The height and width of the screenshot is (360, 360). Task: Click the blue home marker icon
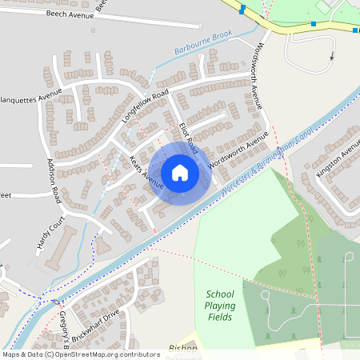tap(180, 172)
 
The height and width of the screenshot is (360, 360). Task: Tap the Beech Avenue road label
tap(70, 14)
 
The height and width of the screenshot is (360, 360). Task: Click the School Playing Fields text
tap(219, 306)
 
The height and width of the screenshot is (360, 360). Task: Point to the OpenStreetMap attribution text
tap(80, 354)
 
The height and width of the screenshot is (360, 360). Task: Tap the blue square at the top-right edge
tap(354, 30)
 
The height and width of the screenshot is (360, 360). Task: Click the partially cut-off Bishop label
tap(183, 349)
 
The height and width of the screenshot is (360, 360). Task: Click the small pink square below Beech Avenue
tap(93, 30)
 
